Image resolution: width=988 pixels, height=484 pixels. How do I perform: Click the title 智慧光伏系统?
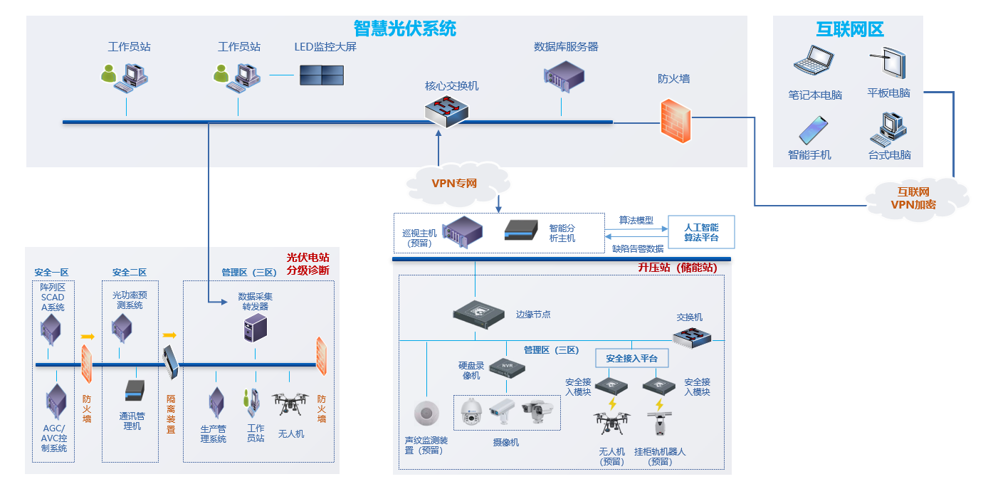[404, 28]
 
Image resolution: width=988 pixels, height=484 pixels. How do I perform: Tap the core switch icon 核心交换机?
[448, 111]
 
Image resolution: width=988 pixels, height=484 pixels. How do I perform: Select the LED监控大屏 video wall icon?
[321, 75]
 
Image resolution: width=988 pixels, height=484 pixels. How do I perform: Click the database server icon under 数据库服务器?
[564, 76]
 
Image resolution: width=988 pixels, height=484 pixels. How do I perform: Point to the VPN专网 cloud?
[455, 184]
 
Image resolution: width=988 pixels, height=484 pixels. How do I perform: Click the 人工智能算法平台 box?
[700, 232]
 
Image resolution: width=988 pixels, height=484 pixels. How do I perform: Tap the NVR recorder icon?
[507, 367]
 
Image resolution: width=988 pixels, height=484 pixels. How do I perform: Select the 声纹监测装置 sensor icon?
[427, 414]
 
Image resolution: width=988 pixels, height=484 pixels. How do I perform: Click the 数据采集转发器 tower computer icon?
[256, 329]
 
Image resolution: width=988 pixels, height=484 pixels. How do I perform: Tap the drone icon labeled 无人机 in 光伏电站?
[290, 404]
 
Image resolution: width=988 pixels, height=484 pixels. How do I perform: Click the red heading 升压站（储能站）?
[677, 268]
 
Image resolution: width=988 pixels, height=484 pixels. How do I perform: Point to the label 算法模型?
[635, 221]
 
